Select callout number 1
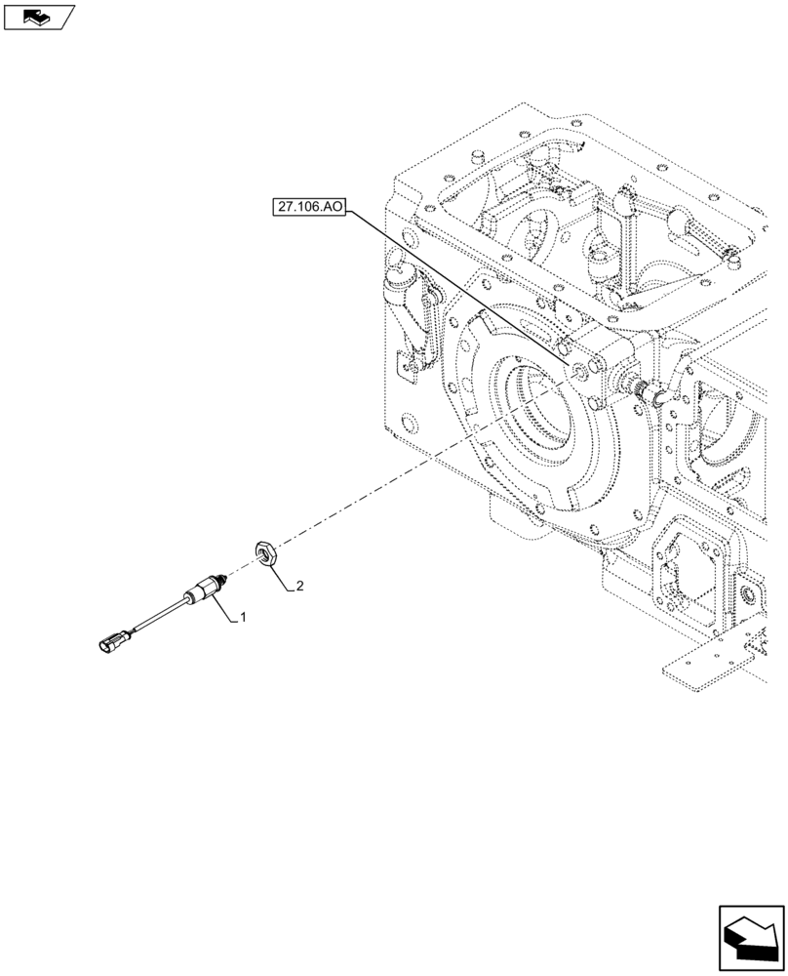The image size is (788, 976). pos(243,618)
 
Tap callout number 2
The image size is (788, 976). pos(300,587)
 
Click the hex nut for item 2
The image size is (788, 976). pos(267,553)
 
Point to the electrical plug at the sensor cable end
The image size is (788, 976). pos(111,642)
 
